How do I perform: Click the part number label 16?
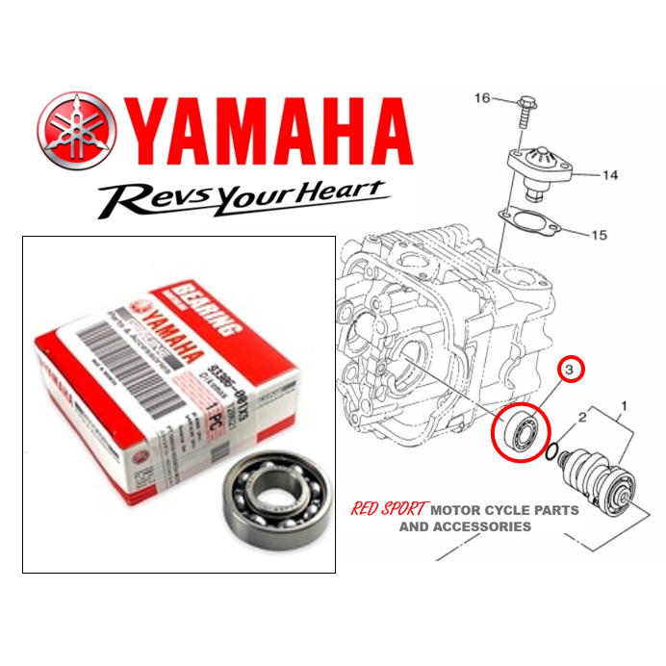481,98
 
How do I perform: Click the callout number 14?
609,175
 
